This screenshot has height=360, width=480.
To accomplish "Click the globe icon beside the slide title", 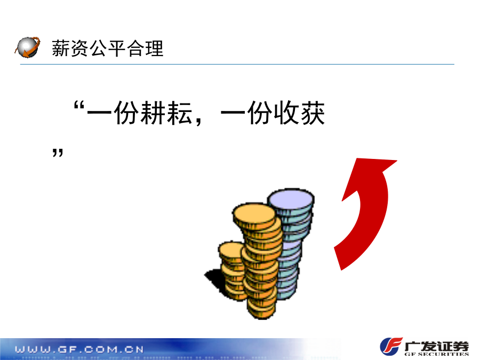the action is coord(28,47).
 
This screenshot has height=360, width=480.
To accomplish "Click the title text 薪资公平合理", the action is coord(107,49).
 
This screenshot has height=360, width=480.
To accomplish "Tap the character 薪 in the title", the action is coord(61,49).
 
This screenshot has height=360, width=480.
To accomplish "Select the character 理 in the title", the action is coord(155,49).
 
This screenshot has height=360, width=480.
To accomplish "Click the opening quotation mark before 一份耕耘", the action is coord(79,106).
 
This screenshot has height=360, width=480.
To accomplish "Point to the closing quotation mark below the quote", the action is coord(58,153).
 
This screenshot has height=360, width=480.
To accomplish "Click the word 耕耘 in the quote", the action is coord(166,113).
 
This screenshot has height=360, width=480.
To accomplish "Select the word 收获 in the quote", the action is coord(299,113).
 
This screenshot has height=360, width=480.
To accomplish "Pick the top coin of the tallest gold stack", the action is coord(254,215).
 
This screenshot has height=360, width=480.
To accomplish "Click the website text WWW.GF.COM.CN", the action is coord(79,349).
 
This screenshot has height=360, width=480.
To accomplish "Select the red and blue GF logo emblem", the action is coord(391,346).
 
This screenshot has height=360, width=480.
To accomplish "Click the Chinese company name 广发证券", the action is coord(436,346).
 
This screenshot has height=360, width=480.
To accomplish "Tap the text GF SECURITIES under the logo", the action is coord(436,354).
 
